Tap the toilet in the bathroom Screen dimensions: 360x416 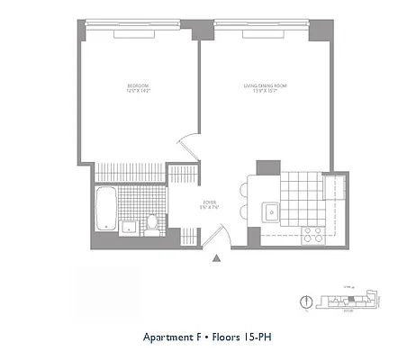(x=153, y=220)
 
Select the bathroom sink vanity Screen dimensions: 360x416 (x=129, y=225)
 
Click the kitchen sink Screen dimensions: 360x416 (x=268, y=213)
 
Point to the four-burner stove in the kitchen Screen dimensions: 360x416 (x=313, y=234)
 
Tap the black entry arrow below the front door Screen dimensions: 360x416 (x=216, y=260)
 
